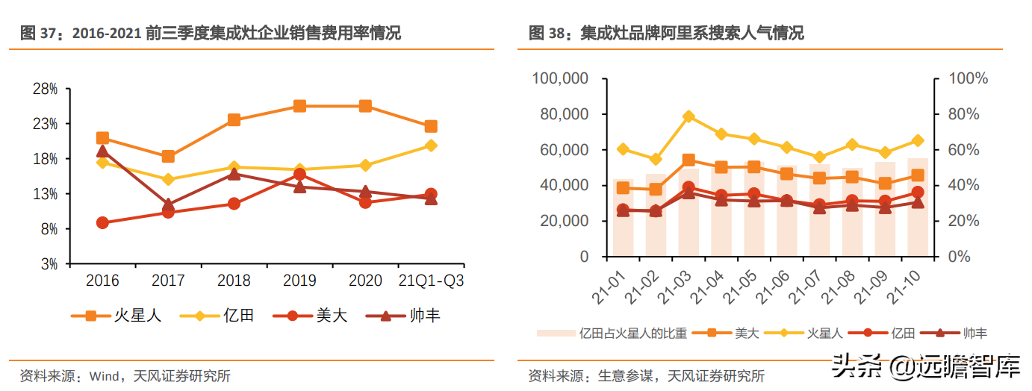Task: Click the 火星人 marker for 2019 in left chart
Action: coord(299,106)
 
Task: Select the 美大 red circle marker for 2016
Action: coord(102,222)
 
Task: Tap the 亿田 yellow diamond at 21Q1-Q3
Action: coord(431,146)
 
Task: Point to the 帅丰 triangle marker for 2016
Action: coord(102,151)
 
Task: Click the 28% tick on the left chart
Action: coord(46,89)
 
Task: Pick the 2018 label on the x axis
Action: coord(234,281)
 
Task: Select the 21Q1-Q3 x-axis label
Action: coord(432,281)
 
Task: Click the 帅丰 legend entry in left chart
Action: coord(407,316)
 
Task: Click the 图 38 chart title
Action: coord(666,33)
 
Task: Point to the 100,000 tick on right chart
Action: coord(561,79)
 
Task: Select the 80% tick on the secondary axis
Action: coord(968,114)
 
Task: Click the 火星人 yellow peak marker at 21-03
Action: coord(688,116)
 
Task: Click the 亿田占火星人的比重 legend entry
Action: coord(612,334)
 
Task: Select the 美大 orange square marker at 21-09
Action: coord(885,184)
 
